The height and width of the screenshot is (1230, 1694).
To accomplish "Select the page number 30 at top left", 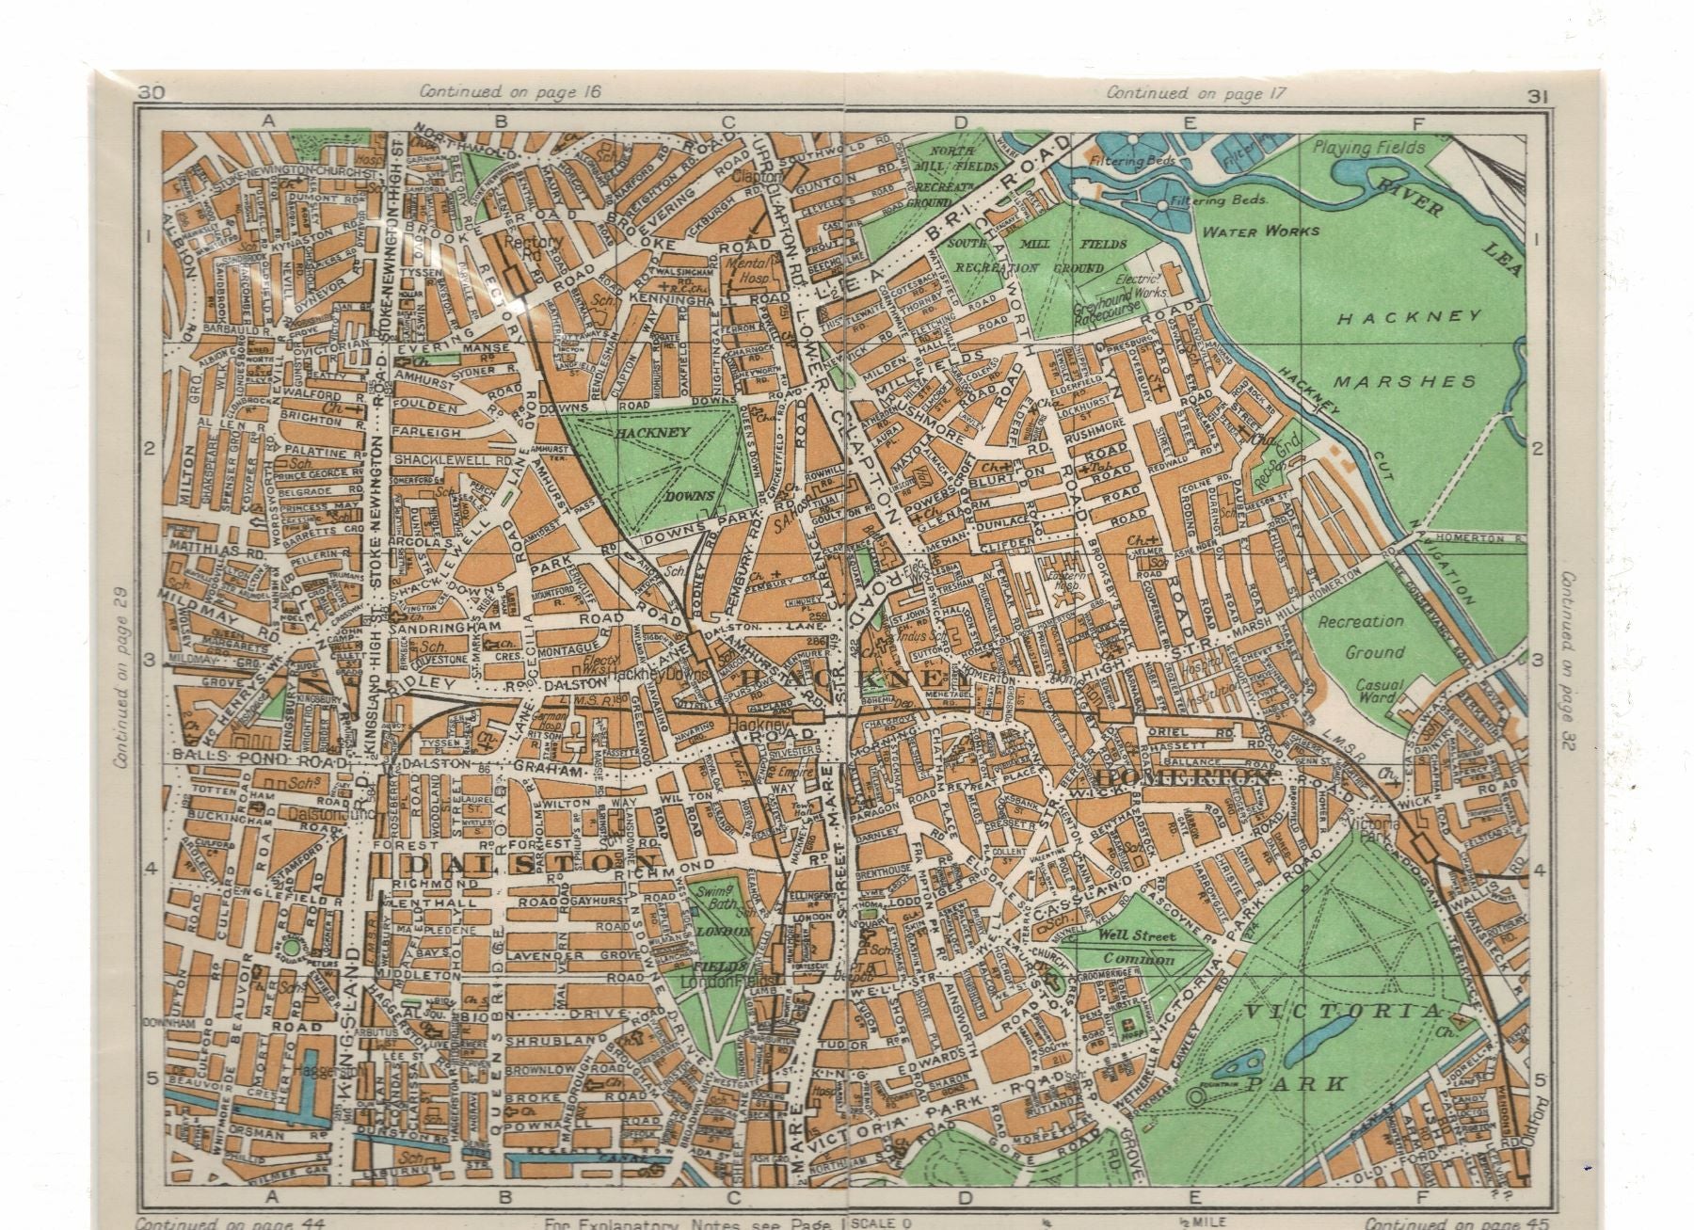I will coord(151,92).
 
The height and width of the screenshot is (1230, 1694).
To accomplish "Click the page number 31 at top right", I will coord(1539,95).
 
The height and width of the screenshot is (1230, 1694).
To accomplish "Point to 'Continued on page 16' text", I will coord(510,91).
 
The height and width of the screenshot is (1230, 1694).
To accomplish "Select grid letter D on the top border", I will coord(961,120).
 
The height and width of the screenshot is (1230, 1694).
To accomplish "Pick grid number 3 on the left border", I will coord(148,660).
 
